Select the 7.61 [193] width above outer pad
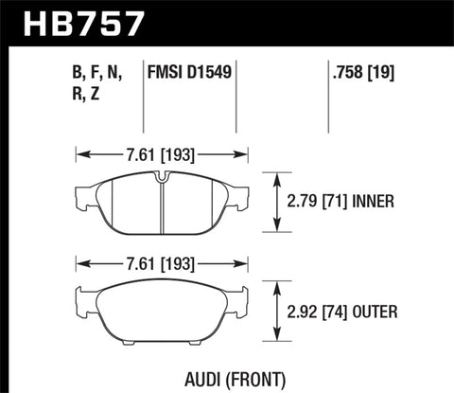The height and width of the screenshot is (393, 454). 161,261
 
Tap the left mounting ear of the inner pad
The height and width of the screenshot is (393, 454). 79,200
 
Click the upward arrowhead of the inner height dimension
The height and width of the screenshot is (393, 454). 276,175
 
